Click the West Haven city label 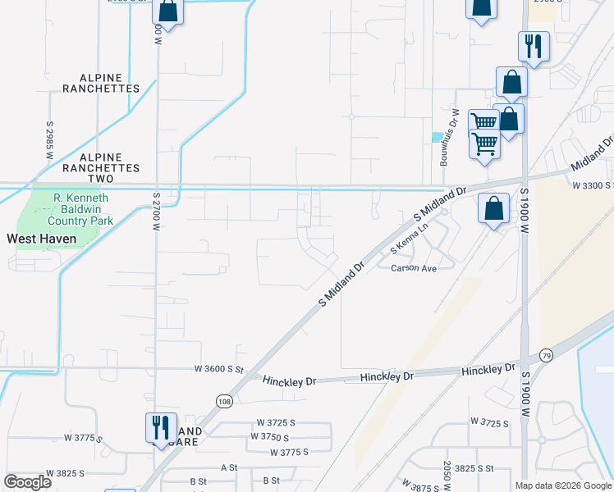42,239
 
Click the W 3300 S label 592,185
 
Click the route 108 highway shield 223,400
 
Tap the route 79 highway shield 546,354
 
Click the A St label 229,467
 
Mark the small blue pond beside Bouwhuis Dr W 437,137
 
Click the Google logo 28,482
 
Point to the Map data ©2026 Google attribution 563,485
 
